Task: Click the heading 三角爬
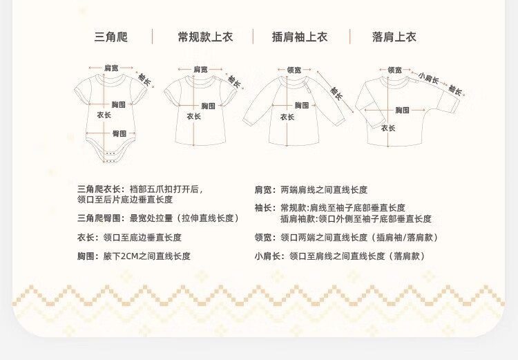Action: tap(111, 37)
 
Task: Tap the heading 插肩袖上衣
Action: tap(300, 37)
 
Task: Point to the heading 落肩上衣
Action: tap(394, 37)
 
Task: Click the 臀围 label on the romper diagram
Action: tap(119, 133)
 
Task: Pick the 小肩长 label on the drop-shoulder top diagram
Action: tap(429, 79)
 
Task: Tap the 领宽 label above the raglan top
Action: tap(294, 70)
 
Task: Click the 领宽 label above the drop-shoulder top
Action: tap(394, 70)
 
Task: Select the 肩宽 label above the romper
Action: tap(111, 68)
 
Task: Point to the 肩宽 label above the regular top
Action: tap(200, 69)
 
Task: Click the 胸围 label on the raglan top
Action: tap(302, 105)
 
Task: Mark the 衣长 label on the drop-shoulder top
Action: tap(388, 128)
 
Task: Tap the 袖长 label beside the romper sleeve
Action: tap(144, 79)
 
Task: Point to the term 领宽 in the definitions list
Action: tap(263, 238)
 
